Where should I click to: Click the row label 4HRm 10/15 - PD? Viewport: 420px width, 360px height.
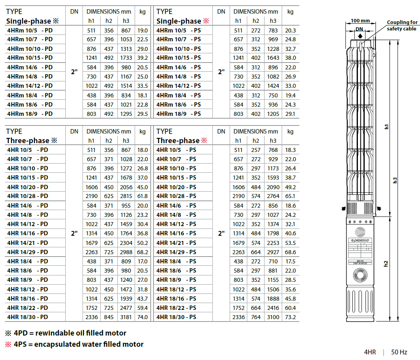point(30,58)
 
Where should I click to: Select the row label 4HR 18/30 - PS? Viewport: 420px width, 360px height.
point(176,317)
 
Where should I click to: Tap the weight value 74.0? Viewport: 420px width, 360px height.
point(142,317)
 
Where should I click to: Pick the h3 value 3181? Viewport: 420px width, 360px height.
point(126,317)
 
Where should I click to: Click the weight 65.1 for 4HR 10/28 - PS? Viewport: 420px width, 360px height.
point(290,196)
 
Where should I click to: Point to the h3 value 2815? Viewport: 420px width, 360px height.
point(126,196)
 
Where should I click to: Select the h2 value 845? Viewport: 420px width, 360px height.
point(109,317)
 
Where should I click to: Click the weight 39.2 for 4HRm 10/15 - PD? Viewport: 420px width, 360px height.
point(142,58)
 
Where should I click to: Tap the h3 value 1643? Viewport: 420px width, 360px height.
point(273,58)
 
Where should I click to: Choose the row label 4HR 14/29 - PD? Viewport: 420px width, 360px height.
point(28,252)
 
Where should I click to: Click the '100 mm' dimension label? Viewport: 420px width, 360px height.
point(360,21)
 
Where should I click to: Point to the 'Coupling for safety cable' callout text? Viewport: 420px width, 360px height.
point(402,26)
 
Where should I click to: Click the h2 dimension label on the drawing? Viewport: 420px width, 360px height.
point(386,263)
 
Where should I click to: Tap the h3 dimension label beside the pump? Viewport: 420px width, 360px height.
point(395,180)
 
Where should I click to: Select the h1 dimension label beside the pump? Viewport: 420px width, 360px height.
point(386,126)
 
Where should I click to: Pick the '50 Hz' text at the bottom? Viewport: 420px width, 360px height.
point(399,352)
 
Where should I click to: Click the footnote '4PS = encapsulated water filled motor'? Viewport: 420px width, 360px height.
point(79,344)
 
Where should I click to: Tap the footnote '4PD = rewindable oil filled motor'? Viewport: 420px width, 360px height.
point(70,333)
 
